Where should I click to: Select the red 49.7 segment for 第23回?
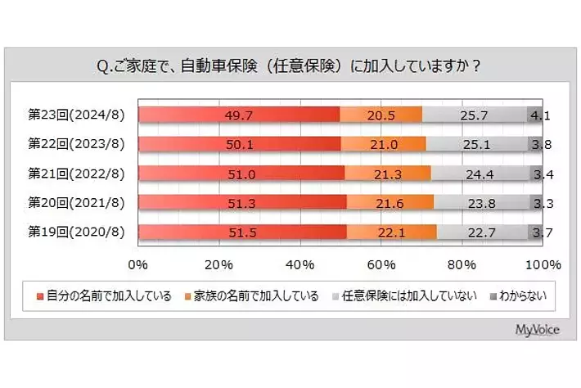click(239, 115)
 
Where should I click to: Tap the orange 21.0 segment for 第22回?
click(383, 144)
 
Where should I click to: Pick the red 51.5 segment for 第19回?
click(242, 232)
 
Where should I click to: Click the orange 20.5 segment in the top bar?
click(381, 115)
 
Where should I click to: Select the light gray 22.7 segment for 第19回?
click(482, 232)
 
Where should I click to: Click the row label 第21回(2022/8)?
click(76, 174)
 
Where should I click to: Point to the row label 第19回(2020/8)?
click(76, 232)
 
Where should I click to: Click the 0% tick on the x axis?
click(138, 265)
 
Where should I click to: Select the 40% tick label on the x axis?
click(300, 265)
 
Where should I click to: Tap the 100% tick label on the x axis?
click(543, 265)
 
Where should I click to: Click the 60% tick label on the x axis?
click(381, 265)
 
